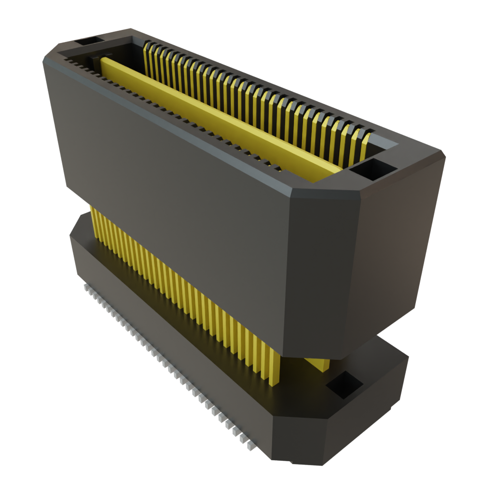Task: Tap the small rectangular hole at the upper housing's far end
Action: [x=88, y=42]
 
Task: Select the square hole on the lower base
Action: [x=344, y=384]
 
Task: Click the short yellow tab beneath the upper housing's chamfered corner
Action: [x=317, y=364]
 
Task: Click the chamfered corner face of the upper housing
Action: [x=323, y=270]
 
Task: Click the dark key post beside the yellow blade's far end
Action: [x=94, y=61]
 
